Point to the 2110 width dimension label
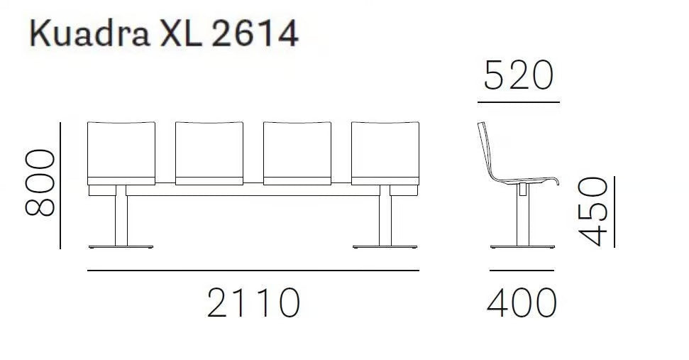[x=253, y=303]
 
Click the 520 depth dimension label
[x=518, y=76]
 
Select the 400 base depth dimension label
[x=522, y=303]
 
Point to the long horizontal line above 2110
[x=253, y=271]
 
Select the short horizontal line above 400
[x=522, y=271]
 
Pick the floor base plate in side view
[x=522, y=246]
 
